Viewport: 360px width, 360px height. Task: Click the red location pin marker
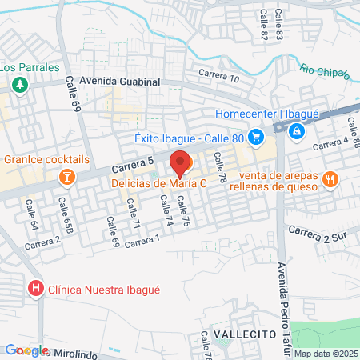coord(181,163)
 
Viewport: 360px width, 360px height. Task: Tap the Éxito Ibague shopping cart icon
coord(256,136)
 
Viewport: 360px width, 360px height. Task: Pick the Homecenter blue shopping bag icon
coord(297,129)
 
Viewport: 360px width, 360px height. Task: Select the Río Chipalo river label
coord(326,72)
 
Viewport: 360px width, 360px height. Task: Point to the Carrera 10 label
coord(219,77)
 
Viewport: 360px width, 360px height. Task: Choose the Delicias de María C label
coord(159,183)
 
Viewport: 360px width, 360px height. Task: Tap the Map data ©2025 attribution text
coord(326,354)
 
